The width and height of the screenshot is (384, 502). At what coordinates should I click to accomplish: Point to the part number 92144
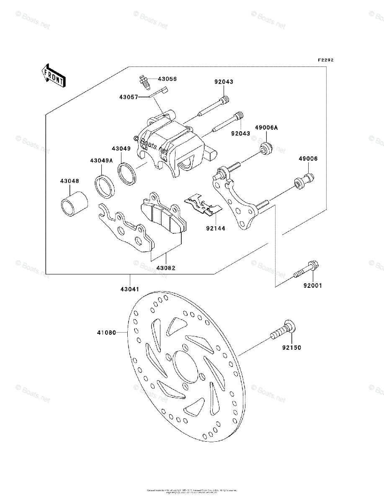(x=216, y=228)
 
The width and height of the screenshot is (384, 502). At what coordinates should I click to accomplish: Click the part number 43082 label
(x=166, y=268)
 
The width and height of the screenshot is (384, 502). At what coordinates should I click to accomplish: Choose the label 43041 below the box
(x=130, y=289)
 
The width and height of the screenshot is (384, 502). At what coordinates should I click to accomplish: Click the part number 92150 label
(x=291, y=347)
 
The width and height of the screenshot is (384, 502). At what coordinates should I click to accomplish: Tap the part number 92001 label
(x=313, y=286)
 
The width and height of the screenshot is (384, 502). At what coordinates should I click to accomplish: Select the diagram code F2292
(x=325, y=60)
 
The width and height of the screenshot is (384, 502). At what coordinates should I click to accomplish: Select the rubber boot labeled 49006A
(x=266, y=148)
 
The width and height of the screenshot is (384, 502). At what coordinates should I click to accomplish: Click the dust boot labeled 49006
(x=304, y=181)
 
